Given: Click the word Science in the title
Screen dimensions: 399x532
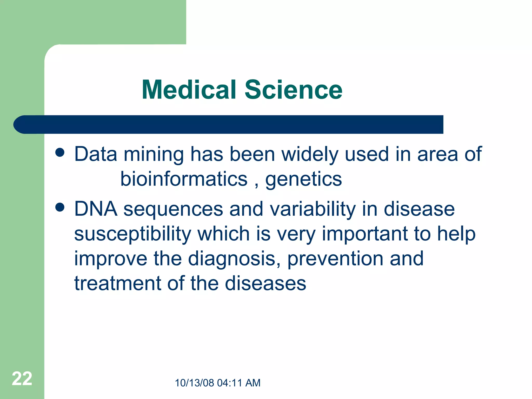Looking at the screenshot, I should click(294, 90).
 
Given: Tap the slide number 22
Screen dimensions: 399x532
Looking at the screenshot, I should click(22, 379).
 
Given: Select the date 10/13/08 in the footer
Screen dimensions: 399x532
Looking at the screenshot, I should click(194, 383).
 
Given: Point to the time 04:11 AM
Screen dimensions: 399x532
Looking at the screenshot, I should click(238, 383).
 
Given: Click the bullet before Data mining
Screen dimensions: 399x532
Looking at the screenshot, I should click(60, 153).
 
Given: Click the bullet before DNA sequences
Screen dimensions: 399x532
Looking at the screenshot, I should click(60, 208).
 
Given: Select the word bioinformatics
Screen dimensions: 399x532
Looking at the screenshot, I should click(184, 179).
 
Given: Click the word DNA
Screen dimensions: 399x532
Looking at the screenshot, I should click(96, 209).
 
